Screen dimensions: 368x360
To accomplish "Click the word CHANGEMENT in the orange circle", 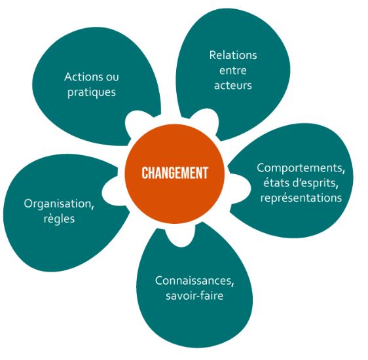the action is [175, 173].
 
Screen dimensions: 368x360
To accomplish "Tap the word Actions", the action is [81, 77].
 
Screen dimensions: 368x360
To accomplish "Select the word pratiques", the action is [92, 92].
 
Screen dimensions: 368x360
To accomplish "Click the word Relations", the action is [233, 56].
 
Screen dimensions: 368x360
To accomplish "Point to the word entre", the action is [233, 70].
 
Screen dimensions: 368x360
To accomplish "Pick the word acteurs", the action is [233, 85].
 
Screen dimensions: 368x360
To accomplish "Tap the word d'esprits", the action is [312, 183].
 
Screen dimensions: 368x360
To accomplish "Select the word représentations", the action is [301, 198].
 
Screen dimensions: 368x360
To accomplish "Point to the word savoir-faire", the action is [194, 295].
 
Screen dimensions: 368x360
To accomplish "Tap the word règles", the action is [59, 219].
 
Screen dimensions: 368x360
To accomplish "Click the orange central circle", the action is [175, 173].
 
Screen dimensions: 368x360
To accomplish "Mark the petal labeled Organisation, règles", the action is [59, 211].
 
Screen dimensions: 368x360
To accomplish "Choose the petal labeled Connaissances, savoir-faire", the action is [194, 289].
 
